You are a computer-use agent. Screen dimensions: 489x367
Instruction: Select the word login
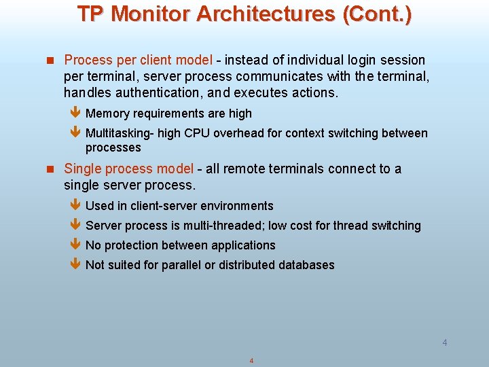[350, 60]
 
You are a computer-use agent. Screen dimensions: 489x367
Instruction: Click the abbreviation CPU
[197, 133]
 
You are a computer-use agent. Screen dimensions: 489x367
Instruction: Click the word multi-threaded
[224, 226]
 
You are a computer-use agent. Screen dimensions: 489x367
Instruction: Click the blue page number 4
[445, 343]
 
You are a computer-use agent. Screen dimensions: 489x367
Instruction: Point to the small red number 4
[251, 360]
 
